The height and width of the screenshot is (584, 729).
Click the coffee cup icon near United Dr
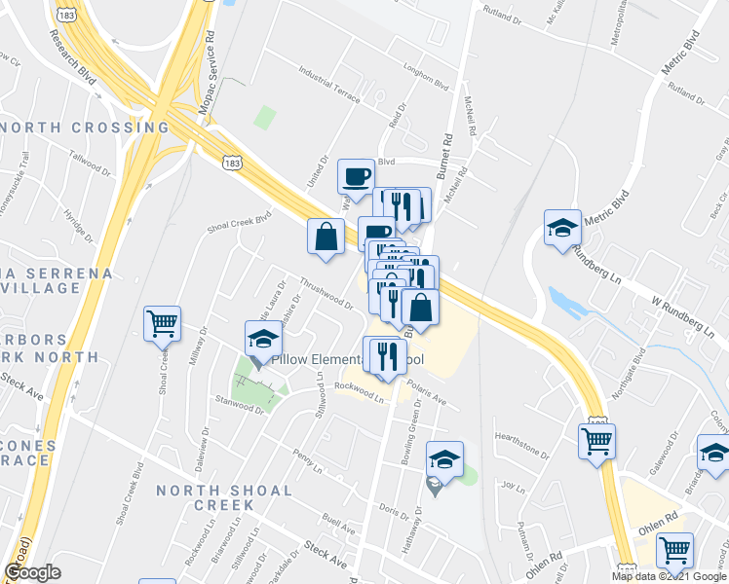coord(356,176)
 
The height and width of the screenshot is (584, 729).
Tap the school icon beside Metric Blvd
coord(562,228)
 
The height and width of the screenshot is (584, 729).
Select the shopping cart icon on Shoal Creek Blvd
coord(162,323)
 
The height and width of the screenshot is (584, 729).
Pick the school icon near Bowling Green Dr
coord(444,458)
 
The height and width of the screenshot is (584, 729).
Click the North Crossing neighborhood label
coord(86,128)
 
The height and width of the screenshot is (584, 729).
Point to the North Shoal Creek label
coord(224,497)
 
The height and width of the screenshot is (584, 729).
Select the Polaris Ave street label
coord(426,398)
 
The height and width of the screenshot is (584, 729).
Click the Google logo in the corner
coord(32,572)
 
